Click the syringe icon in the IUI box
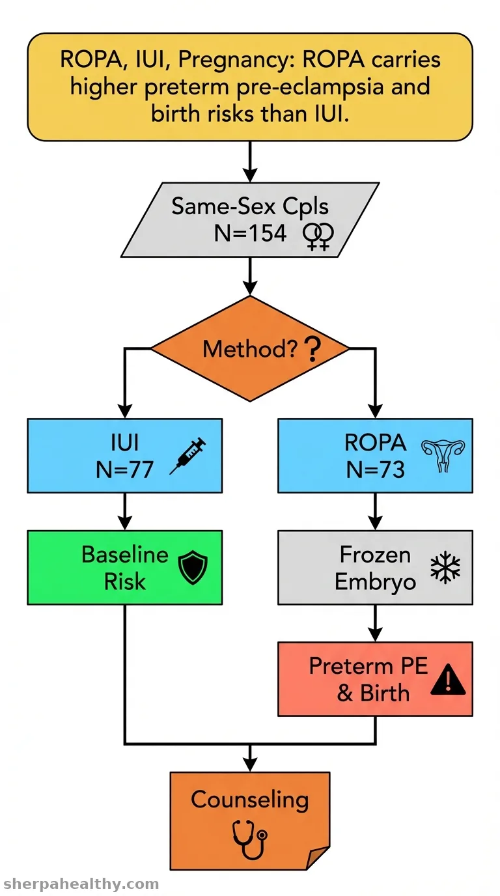coord(187,456)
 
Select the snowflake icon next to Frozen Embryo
coord(445,568)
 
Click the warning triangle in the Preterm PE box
coord(448,679)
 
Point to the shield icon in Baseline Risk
coord(193,567)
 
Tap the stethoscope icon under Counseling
coord(250,839)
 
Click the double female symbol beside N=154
coord(318,236)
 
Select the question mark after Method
coord(312,349)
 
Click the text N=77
coord(125,469)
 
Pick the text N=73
coord(375,469)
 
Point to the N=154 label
coord(251,233)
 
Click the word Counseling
coord(250,800)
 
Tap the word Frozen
coord(375,555)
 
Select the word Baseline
coord(125,555)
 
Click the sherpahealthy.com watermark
coord(81,884)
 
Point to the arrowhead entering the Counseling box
coord(250,764)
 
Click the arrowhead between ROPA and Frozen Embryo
coord(375,522)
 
